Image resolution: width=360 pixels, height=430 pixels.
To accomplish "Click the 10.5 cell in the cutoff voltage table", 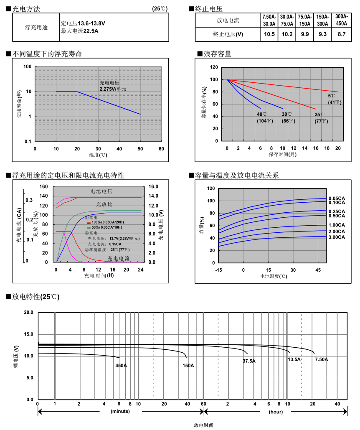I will point(269,34).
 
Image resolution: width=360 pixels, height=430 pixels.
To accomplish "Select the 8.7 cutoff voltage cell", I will point(341,34).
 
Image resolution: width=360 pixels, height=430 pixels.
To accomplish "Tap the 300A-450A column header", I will point(341,20).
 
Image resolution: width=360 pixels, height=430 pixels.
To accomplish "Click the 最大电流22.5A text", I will point(79,31).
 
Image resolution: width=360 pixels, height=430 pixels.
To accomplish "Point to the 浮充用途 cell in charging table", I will point(36,28).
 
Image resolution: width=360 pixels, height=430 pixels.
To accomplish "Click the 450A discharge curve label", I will point(121,366).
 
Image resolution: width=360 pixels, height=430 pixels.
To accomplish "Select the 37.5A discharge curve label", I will point(249,361).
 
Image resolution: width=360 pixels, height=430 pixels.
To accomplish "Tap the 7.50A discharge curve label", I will point(321,359).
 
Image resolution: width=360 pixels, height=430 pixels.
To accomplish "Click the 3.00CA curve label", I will point(337,237).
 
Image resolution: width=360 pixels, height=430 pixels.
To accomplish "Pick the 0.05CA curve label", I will point(337,198).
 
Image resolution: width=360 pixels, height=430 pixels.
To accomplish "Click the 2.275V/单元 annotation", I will point(113,89).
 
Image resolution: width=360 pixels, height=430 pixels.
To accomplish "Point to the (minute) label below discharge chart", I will point(120,411).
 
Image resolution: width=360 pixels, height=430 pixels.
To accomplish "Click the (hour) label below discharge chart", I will point(276,411).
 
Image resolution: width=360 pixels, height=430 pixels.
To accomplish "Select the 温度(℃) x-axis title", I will point(98,155).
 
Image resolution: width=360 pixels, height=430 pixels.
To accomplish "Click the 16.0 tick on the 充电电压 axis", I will point(153,186).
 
